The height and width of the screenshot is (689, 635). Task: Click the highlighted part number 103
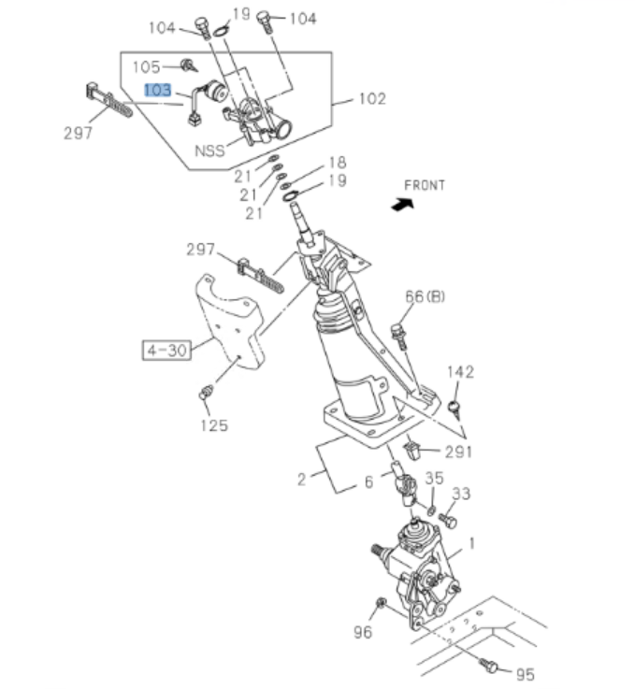157,91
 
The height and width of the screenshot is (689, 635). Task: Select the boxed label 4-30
166,351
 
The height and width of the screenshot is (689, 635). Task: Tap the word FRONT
425,185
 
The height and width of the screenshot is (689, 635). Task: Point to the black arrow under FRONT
402,203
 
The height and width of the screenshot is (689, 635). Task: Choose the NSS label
209,150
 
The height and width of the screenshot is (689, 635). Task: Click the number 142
461,371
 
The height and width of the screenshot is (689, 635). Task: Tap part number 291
458,452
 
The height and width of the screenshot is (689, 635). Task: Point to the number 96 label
363,632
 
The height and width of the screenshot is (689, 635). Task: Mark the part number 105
146,66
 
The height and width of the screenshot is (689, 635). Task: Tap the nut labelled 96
381,603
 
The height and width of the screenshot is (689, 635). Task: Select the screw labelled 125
207,394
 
